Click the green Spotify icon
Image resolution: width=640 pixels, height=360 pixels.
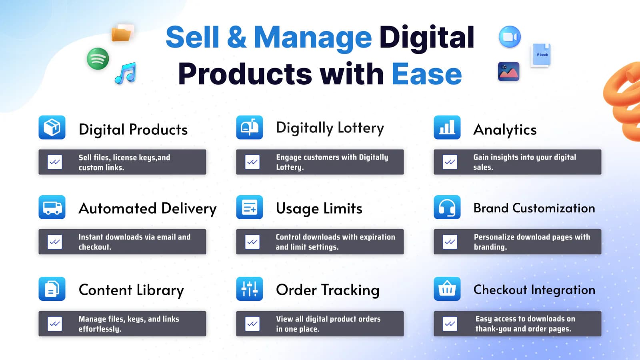[98, 58]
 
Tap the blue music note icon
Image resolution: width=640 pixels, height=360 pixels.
[126, 73]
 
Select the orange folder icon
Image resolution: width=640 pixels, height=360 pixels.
[122, 33]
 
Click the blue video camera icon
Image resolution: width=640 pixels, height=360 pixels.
[510, 37]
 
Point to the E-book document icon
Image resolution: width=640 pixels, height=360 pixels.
[541, 55]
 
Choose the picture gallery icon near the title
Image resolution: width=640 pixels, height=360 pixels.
[508, 72]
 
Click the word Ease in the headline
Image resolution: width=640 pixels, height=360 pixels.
[426, 74]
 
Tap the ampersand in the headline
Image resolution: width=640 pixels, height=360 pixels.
[236, 37]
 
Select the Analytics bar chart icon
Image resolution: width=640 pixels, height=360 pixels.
[447, 128]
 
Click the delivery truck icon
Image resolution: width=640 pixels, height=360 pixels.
[52, 207]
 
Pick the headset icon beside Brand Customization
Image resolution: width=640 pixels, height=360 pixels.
[447, 207]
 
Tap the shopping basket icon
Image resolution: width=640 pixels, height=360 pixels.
[447, 289]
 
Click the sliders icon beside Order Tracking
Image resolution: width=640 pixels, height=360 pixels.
[249, 289]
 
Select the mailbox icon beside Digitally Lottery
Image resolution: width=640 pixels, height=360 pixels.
[249, 128]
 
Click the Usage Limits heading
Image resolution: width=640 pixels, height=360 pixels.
[319, 208]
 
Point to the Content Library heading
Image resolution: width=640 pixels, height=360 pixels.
[131, 290]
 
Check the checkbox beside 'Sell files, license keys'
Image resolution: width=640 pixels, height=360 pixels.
[55, 162]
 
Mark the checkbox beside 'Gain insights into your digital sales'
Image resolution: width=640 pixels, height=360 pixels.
[450, 162]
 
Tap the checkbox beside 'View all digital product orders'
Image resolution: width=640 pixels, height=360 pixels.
[252, 324]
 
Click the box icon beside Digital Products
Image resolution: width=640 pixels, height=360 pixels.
[52, 128]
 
